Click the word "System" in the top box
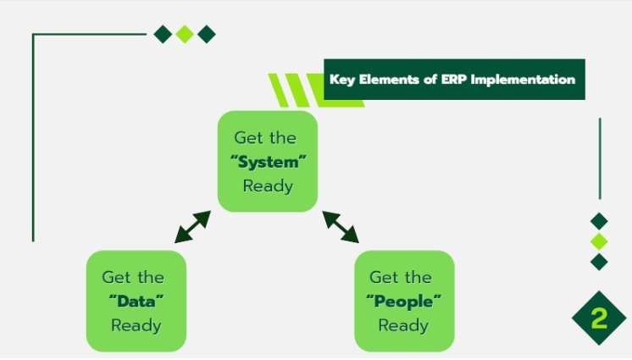pyautogui.click(x=268, y=162)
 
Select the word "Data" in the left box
pyautogui.click(x=136, y=302)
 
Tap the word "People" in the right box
pyautogui.click(x=403, y=302)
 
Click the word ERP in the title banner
pyautogui.click(x=454, y=80)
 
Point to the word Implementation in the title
pyautogui.click(x=523, y=80)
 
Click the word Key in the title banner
pyautogui.click(x=342, y=80)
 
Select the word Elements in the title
pyautogui.click(x=389, y=80)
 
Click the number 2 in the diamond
pyautogui.click(x=599, y=318)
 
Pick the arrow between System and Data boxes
pyautogui.click(x=192, y=226)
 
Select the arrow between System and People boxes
pyautogui.click(x=341, y=226)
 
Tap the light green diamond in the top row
pyautogui.click(x=185, y=34)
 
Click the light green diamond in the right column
pyautogui.click(x=599, y=241)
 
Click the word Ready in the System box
pyautogui.click(x=268, y=186)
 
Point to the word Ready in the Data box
pyautogui.click(x=136, y=325)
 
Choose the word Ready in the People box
pyautogui.click(x=403, y=325)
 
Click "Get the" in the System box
pyautogui.click(x=265, y=138)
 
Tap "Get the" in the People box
pyautogui.click(x=401, y=277)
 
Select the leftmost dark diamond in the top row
pyautogui.click(x=164, y=34)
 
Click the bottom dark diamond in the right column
pyautogui.click(x=599, y=262)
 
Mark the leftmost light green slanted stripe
pyautogui.click(x=279, y=91)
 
